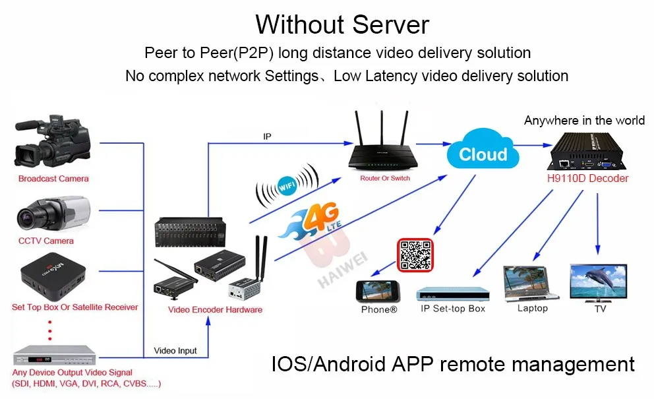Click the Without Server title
click(x=342, y=24)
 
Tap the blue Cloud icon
click(x=483, y=152)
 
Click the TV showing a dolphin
click(x=597, y=282)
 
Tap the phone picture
click(x=379, y=292)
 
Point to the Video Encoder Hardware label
click(x=215, y=309)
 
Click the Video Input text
click(x=175, y=351)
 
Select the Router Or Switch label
click(x=385, y=178)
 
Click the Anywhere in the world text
click(x=584, y=121)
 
